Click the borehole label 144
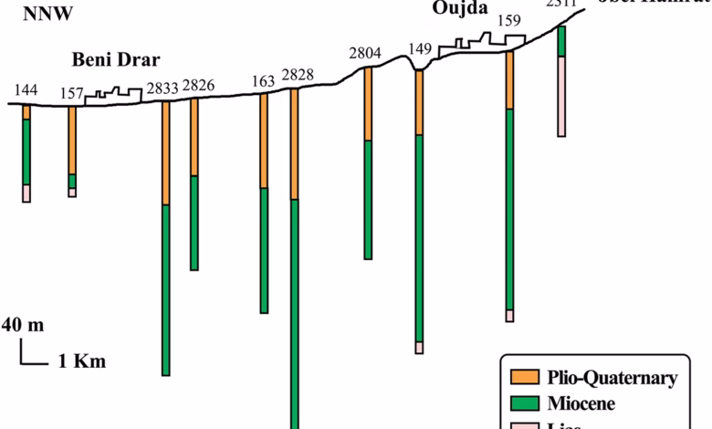(x=26, y=89)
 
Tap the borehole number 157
(x=72, y=93)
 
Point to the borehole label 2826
(x=198, y=86)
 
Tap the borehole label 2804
(x=365, y=53)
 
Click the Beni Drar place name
(x=116, y=61)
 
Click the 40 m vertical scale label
(x=22, y=325)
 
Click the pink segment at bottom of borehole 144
(x=26, y=193)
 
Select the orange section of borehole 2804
(x=368, y=104)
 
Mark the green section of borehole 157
(x=72, y=181)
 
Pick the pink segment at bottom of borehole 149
(x=419, y=348)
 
